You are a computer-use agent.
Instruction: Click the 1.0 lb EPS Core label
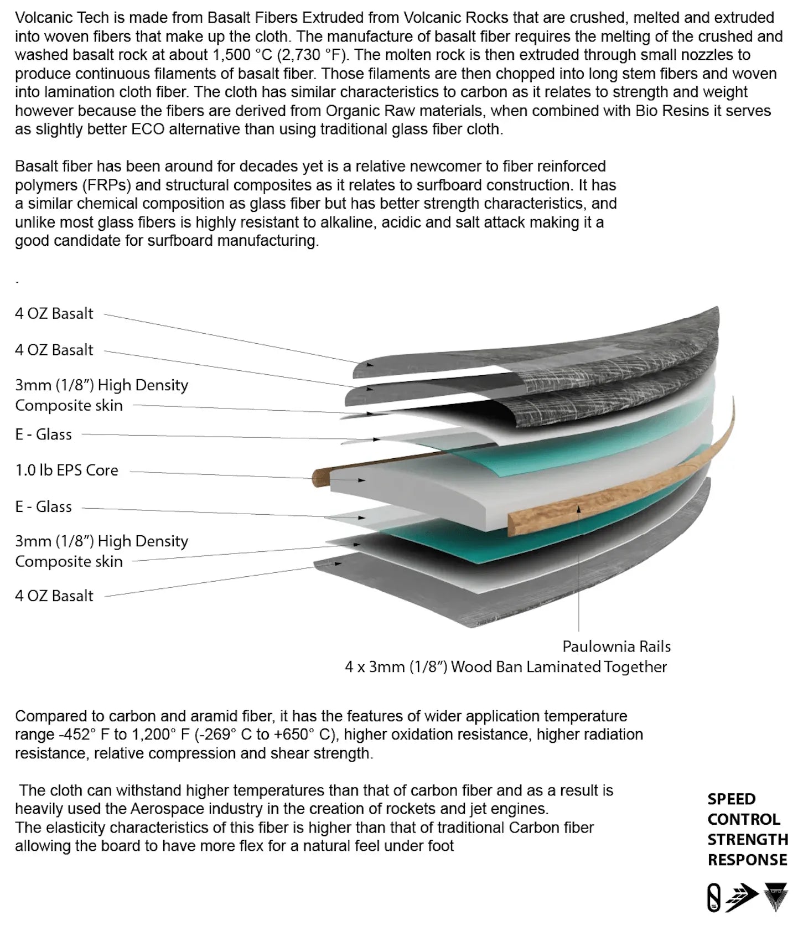point(66,470)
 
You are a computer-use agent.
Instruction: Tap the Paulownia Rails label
point(616,646)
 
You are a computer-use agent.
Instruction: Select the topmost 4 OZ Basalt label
point(54,314)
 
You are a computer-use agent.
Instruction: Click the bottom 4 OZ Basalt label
point(54,596)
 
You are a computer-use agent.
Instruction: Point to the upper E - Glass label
point(43,435)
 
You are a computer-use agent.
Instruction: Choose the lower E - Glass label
point(43,507)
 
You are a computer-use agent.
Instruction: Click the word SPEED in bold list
point(731,799)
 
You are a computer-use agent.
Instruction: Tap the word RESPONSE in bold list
point(747,860)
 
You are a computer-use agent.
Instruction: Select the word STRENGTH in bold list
point(748,840)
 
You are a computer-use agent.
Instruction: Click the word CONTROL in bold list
point(743,820)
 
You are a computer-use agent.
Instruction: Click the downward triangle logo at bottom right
point(775,897)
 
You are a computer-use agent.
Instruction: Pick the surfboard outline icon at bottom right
point(714,897)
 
